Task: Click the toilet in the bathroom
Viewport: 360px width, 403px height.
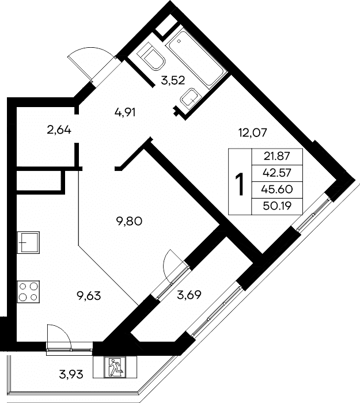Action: [x=151, y=56]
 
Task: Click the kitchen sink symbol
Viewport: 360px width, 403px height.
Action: [x=28, y=242]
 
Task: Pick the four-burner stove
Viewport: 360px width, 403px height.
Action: [x=28, y=291]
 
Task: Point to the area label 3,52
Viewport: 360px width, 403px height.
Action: [x=173, y=81]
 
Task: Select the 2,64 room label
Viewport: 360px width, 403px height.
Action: [x=59, y=130]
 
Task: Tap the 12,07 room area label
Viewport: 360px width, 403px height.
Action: [x=253, y=133]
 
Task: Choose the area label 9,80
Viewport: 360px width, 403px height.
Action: [x=130, y=221]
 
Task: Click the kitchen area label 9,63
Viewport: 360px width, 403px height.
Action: [x=89, y=296]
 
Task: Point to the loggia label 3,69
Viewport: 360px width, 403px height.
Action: [x=189, y=295]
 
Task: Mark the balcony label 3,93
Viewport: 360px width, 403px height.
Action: [x=71, y=374]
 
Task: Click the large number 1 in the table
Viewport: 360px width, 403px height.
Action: [x=240, y=184]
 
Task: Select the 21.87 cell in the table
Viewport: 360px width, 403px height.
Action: [x=276, y=156]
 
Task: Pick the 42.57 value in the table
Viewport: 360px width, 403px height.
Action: [x=276, y=173]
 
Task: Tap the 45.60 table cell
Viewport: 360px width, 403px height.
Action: [x=276, y=189]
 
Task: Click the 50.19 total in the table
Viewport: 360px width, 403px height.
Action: [x=276, y=206]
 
